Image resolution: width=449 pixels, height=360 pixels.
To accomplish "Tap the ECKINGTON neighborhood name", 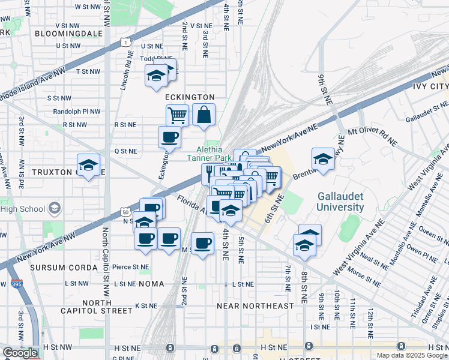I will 190,97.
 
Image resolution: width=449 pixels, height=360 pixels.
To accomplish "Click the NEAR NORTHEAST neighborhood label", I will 255,306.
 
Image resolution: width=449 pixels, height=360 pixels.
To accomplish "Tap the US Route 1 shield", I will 125,41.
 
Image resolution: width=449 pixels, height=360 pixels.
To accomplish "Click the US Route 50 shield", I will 125,212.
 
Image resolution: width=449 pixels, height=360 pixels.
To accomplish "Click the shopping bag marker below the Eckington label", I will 203,114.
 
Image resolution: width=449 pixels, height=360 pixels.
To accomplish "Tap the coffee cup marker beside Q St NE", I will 169,137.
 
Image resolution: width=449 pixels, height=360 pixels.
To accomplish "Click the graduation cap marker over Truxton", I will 88,165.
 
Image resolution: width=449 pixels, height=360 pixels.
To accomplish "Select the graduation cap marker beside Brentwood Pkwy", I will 323,159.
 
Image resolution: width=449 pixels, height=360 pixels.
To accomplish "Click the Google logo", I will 20,353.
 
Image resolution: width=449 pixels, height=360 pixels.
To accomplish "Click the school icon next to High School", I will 55,209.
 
